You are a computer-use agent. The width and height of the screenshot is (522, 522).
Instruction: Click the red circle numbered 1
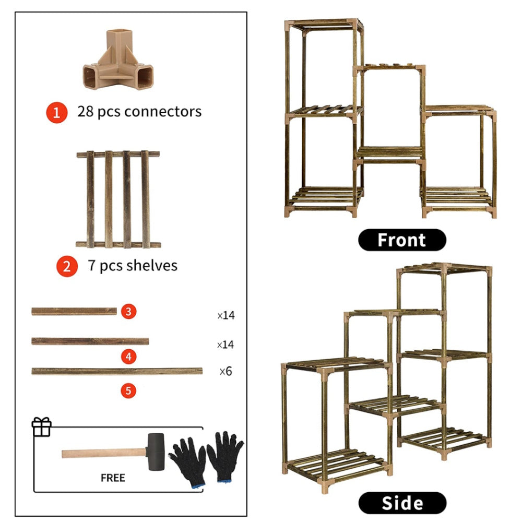57,112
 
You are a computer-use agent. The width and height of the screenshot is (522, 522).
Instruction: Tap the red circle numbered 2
66,266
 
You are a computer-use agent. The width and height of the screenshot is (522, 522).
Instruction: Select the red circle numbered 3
129,312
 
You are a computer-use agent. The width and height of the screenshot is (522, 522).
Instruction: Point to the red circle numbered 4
129,357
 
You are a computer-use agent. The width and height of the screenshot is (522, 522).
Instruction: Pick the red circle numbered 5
129,390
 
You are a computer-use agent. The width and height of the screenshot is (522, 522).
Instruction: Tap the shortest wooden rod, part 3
74,311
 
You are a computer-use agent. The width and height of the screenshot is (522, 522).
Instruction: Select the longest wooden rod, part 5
117,371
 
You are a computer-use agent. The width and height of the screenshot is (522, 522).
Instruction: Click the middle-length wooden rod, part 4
90,341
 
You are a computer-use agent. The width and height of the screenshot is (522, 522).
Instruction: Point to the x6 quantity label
225,372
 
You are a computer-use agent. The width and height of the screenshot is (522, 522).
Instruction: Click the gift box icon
42,427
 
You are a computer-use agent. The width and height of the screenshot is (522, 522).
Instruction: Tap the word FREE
113,477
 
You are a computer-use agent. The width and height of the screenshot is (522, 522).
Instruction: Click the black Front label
401,240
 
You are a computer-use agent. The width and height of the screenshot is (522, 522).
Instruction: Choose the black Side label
401,503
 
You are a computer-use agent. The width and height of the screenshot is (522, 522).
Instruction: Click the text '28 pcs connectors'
139,111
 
